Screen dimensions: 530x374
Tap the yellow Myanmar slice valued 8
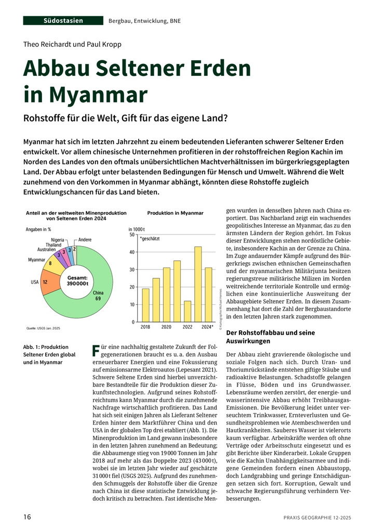tap(50, 263)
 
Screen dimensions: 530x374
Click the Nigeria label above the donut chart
tap(58, 239)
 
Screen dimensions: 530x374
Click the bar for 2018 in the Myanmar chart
tap(145, 305)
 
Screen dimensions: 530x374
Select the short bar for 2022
tap(188, 311)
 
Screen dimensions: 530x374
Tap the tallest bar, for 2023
tap(198, 284)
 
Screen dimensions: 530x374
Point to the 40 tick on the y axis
tap(132, 252)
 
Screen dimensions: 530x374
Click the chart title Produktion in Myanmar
tap(175, 213)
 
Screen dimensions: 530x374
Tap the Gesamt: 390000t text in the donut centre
tap(77, 281)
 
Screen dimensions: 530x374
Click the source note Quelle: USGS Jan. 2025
tap(44, 328)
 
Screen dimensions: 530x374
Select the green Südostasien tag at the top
tap(63, 20)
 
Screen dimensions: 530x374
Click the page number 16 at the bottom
tap(27, 516)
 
